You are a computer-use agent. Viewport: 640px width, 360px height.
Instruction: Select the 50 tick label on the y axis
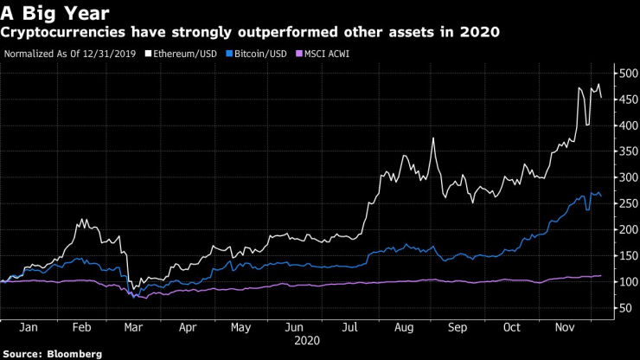[622, 307]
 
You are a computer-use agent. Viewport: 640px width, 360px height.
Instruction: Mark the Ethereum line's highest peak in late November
[598, 84]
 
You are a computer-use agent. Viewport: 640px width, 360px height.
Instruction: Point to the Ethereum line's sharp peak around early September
[432, 138]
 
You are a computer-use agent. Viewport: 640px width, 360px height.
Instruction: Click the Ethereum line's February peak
[82, 220]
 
